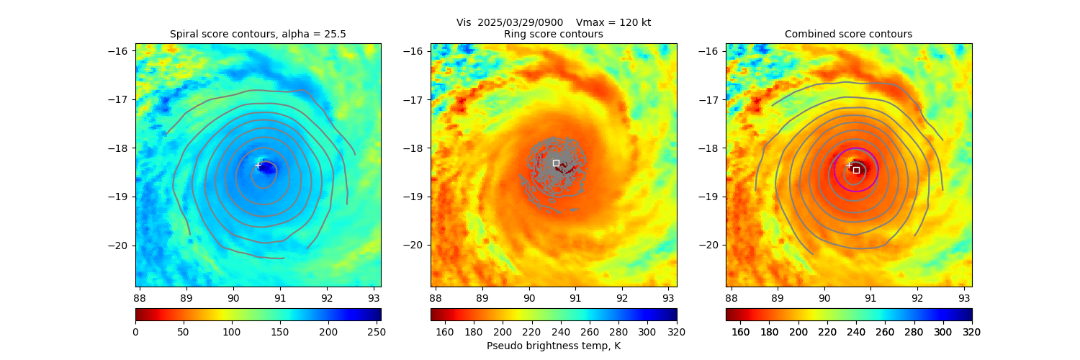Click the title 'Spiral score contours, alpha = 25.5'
258,34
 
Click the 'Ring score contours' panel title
554,34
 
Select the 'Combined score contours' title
848,34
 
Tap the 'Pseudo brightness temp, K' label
554,346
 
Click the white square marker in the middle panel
556,163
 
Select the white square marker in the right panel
856,170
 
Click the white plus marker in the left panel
258,166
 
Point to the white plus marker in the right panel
849,166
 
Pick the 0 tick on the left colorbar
135,332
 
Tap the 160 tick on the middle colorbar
445,332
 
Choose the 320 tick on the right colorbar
972,332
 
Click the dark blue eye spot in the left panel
266,168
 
